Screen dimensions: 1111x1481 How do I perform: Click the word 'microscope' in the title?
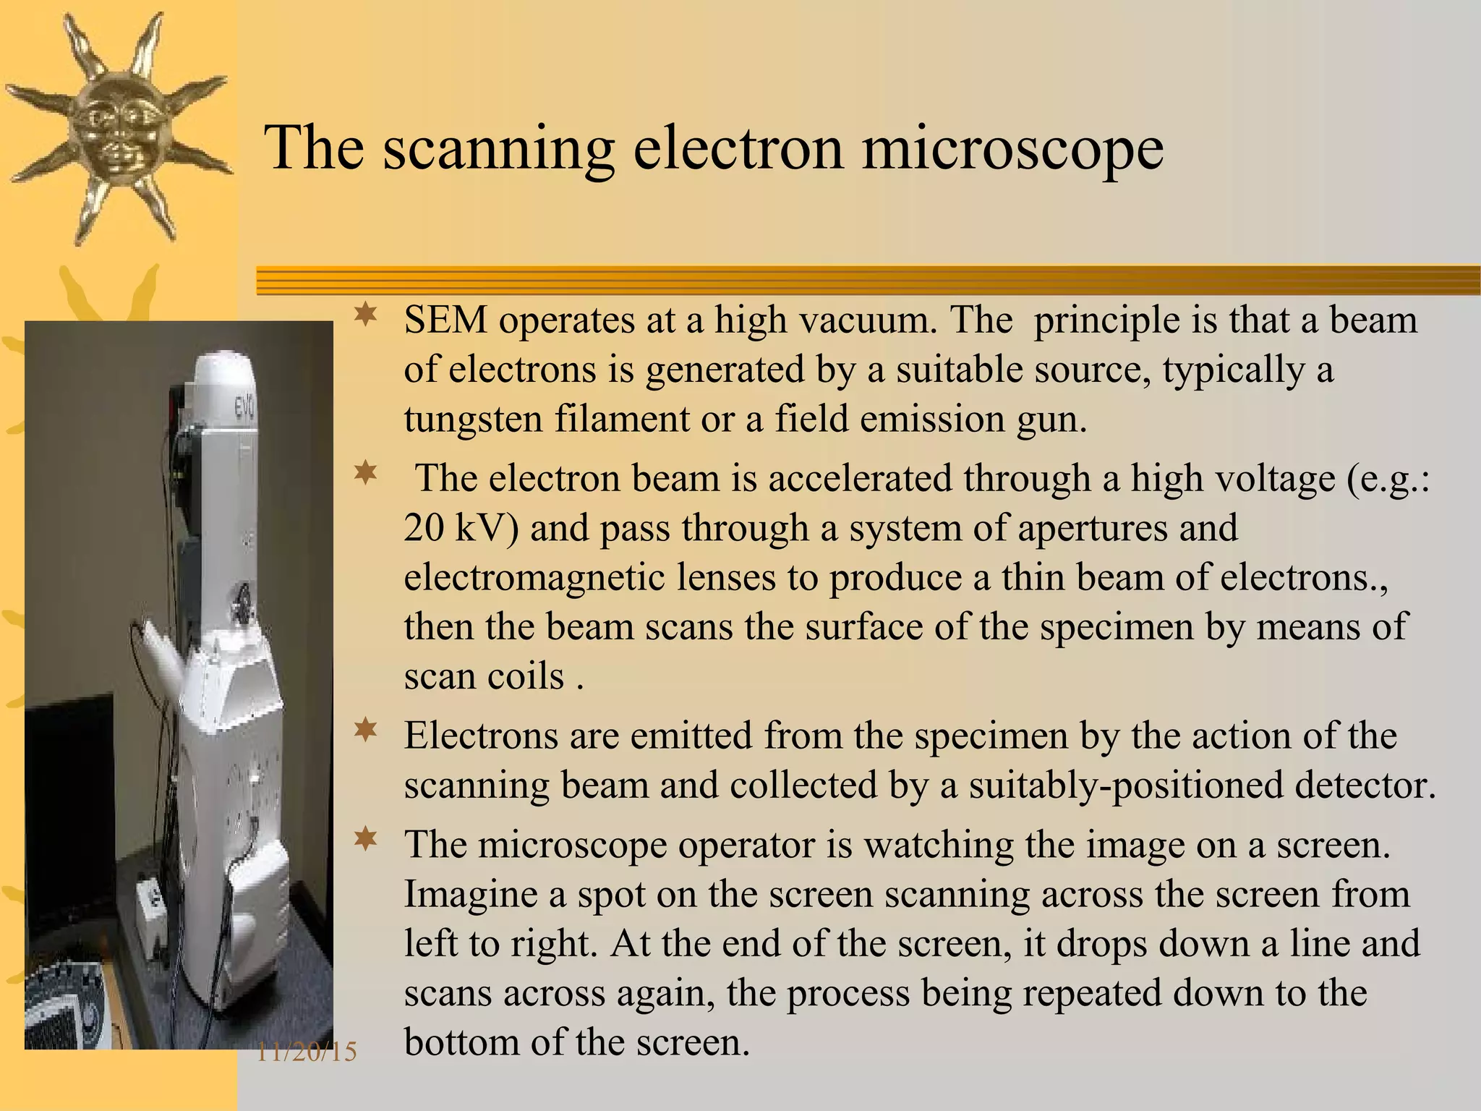pos(1012,150)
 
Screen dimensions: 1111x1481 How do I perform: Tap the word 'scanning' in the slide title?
pos(498,150)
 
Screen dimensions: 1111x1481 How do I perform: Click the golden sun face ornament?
pos(116,127)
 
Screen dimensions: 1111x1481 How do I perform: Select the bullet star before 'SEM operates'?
pos(366,315)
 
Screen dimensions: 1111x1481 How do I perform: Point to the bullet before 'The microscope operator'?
pos(366,839)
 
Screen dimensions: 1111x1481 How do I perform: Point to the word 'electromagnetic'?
pos(534,577)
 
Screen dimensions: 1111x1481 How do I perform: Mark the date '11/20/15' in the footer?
pos(307,1052)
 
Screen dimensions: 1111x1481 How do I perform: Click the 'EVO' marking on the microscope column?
pos(243,411)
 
